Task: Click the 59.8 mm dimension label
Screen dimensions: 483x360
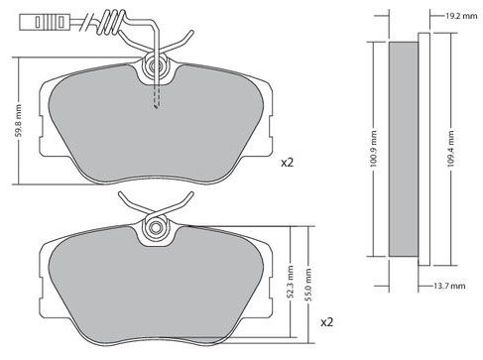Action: click(x=19, y=121)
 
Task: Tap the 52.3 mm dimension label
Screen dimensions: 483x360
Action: click(x=291, y=281)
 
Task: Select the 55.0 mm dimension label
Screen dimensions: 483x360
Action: click(x=308, y=285)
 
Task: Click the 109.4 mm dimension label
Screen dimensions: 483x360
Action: click(x=450, y=149)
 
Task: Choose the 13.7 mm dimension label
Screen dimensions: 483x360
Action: click(x=449, y=286)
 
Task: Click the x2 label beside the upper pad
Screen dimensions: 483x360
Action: click(x=287, y=163)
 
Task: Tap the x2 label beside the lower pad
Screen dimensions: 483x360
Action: click(x=327, y=322)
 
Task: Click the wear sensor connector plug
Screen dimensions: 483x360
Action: click(x=44, y=22)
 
